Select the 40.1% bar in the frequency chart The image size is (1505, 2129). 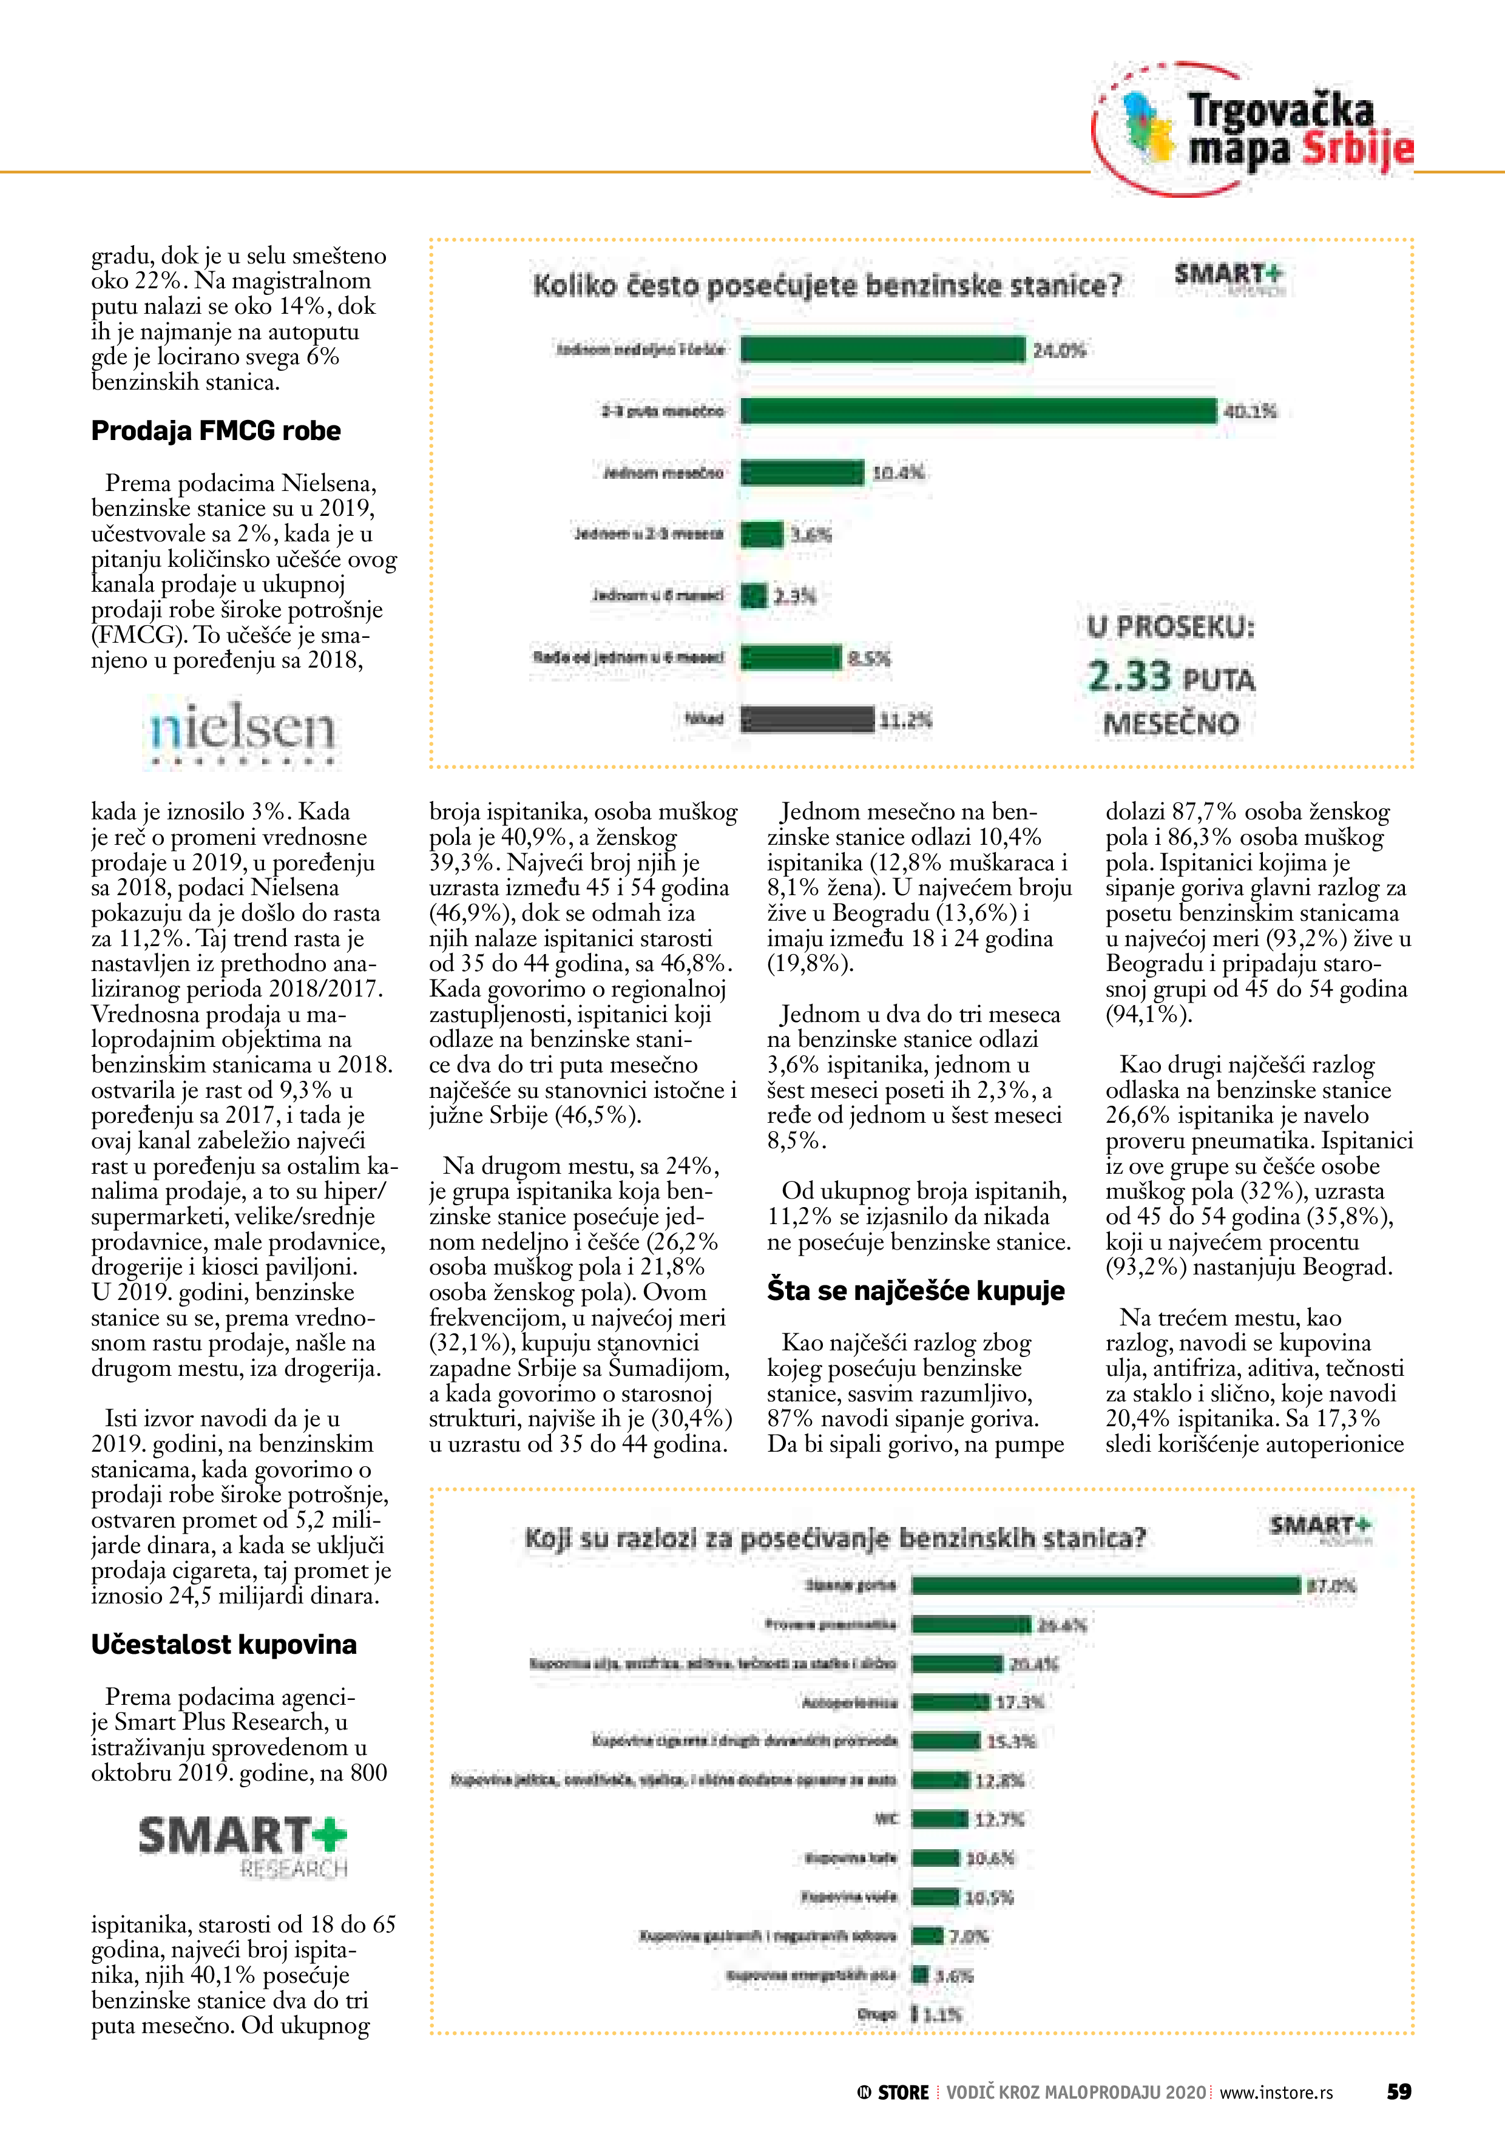click(978, 411)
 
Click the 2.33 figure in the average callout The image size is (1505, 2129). click(1129, 676)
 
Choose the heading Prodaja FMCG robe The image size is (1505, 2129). click(215, 431)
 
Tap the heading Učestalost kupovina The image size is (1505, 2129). click(223, 1645)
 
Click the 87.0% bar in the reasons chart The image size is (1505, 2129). click(1105, 1586)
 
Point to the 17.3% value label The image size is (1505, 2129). click(1019, 1702)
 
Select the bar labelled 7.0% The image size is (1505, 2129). click(927, 1936)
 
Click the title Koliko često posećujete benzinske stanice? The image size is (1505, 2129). click(827, 286)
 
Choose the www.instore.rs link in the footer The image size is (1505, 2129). click(1276, 2092)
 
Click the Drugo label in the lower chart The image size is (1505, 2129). click(878, 2014)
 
